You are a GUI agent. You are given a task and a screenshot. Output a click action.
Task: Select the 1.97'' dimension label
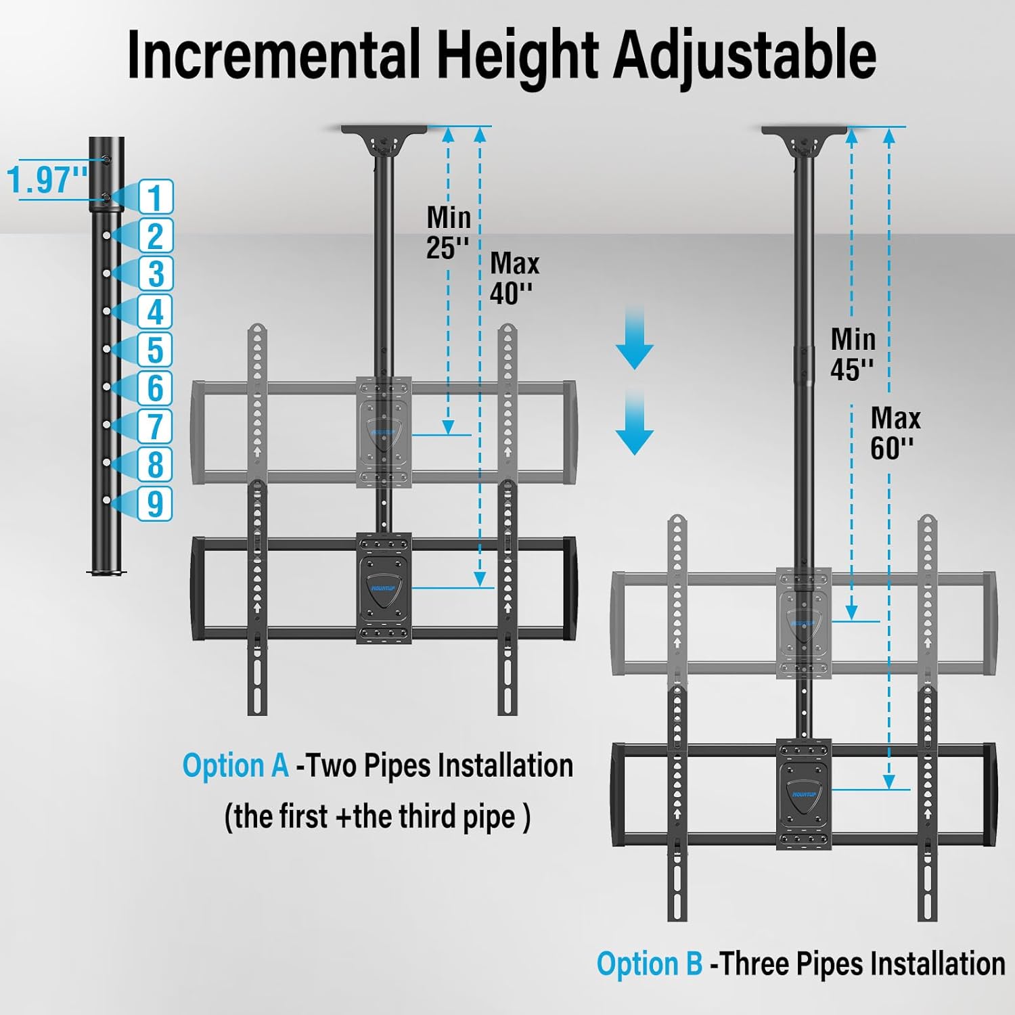(x=47, y=180)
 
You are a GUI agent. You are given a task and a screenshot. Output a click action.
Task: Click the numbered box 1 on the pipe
(x=156, y=197)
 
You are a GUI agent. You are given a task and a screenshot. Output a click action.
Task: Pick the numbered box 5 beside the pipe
(x=156, y=350)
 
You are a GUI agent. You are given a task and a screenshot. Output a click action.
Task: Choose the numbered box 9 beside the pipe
(x=156, y=503)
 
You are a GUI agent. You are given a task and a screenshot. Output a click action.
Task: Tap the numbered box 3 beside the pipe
(x=156, y=273)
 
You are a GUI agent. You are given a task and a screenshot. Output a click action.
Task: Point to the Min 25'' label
(x=447, y=233)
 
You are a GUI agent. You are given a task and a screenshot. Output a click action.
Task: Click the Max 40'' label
(x=514, y=278)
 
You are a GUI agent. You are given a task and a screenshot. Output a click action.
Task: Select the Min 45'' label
(x=853, y=354)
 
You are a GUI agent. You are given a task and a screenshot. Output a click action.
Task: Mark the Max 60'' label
(x=895, y=433)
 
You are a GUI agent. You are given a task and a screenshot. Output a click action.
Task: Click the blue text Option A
(x=235, y=766)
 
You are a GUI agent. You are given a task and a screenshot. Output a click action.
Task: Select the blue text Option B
(x=649, y=964)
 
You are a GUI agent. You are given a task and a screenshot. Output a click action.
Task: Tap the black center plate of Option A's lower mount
(x=384, y=587)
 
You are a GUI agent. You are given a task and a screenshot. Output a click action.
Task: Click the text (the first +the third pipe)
(x=377, y=817)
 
